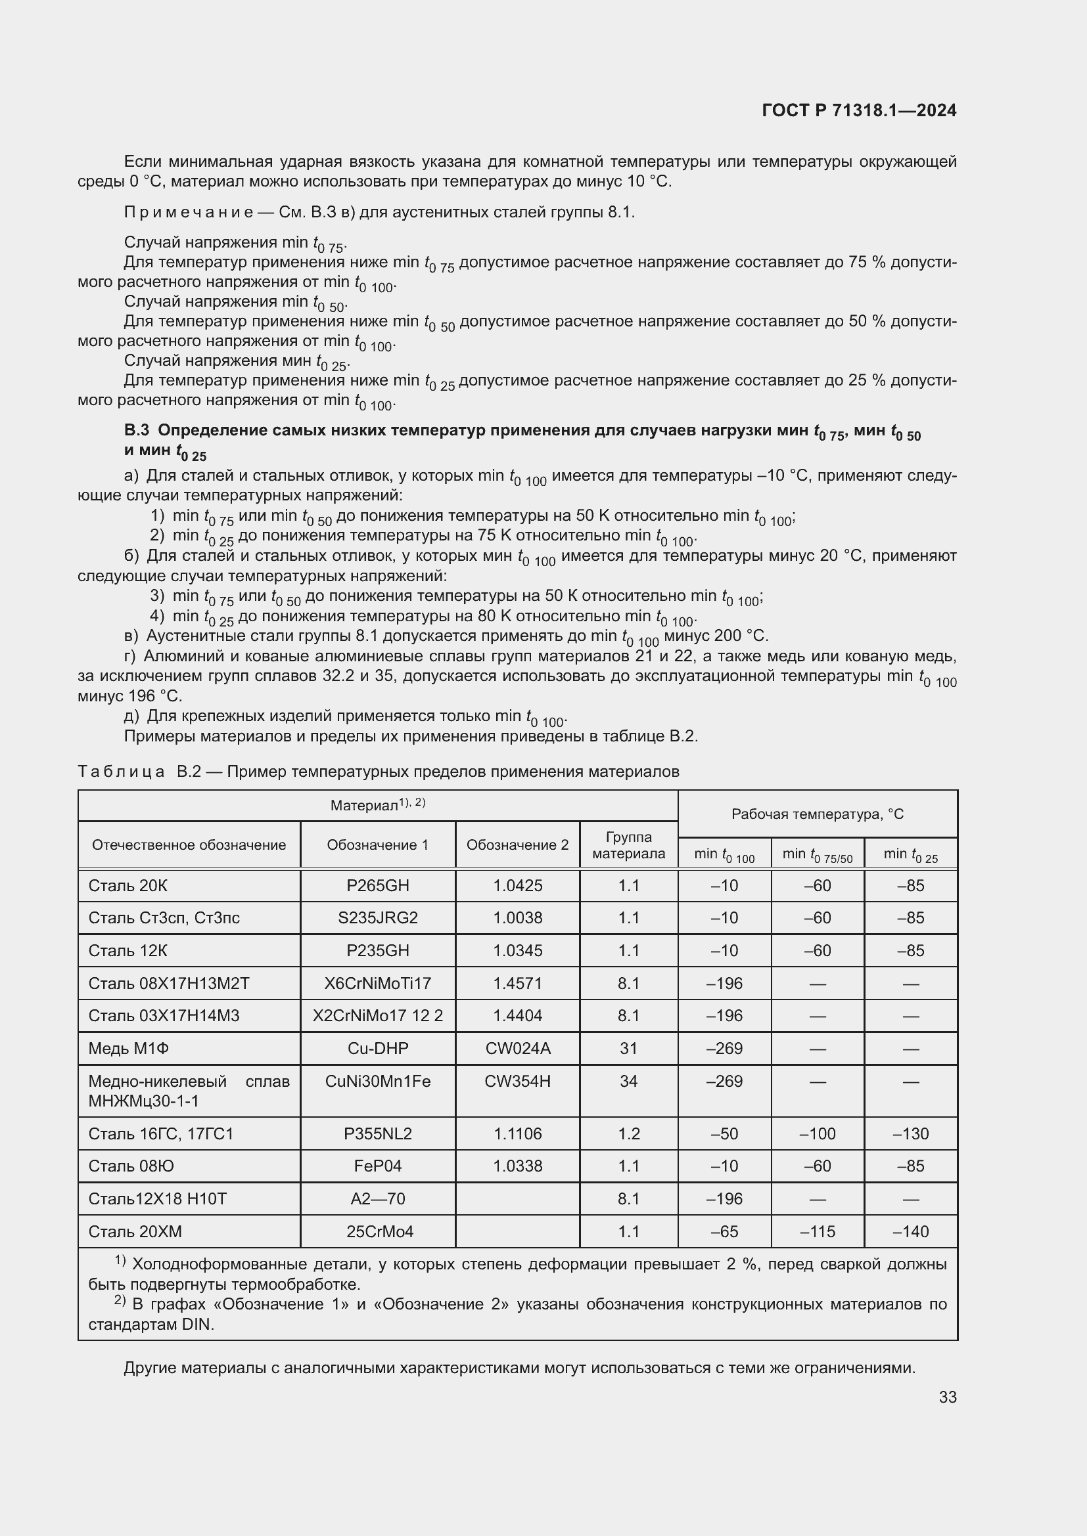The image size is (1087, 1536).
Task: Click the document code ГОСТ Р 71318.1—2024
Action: [x=859, y=110]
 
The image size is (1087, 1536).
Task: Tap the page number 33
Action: [x=947, y=1397]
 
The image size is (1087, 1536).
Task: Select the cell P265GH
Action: [x=377, y=885]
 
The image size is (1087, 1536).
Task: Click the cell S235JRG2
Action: [x=377, y=917]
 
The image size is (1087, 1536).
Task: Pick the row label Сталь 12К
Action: [x=128, y=950]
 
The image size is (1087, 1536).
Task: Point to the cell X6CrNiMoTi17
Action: [x=377, y=983]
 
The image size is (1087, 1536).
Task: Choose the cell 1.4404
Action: [x=517, y=1015]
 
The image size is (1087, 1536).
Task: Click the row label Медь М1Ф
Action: [x=129, y=1047]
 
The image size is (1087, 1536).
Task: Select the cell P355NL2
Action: [x=377, y=1133]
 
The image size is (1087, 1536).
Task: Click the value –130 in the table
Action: [x=910, y=1133]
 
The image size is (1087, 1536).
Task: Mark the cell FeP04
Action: [x=377, y=1166]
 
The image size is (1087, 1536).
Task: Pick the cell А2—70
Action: [x=377, y=1198]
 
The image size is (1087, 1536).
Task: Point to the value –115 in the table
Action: [x=818, y=1231]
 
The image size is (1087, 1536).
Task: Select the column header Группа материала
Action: [x=628, y=845]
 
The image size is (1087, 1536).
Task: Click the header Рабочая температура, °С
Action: [x=818, y=814]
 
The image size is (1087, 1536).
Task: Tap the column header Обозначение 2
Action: [x=517, y=845]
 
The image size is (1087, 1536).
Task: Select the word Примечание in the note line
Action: [x=188, y=212]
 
